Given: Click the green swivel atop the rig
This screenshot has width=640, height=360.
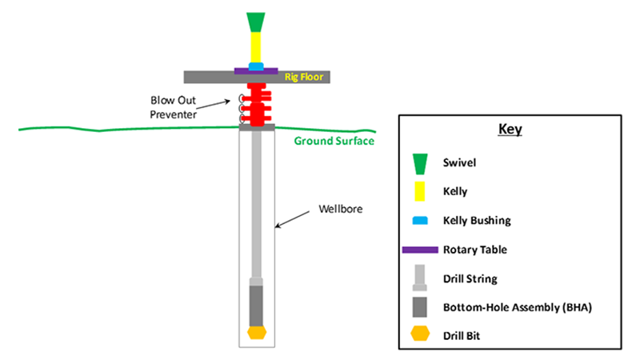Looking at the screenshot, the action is tap(256, 22).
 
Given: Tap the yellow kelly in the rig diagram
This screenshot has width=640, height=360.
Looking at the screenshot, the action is tap(256, 47).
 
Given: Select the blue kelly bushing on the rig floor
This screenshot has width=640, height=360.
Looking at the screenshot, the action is tap(256, 66).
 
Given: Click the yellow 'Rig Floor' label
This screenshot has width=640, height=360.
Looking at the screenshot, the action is tap(304, 77).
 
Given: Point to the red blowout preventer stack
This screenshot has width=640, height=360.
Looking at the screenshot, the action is tap(257, 105).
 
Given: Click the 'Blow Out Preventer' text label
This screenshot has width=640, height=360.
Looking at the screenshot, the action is tap(173, 107).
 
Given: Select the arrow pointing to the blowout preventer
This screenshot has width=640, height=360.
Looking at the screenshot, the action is tap(213, 105).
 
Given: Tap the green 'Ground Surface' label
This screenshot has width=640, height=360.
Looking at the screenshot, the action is tap(334, 141).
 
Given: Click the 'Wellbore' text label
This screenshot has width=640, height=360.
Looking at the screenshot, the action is tap(341, 209).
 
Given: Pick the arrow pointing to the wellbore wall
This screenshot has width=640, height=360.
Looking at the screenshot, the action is tap(292, 219).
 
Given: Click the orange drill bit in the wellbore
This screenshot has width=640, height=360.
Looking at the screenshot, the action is tap(257, 332).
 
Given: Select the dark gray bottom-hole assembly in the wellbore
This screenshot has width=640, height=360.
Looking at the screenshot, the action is tap(256, 306).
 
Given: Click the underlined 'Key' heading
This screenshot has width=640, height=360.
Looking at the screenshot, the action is tap(510, 130).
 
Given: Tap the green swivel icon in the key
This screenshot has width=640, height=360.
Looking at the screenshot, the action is tap(420, 164).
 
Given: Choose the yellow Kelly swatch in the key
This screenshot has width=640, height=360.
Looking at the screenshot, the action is tap(419, 191).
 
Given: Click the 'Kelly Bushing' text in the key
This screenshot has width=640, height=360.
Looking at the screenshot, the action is tap(477, 221).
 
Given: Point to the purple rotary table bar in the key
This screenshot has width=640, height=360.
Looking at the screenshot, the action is tap(420, 250).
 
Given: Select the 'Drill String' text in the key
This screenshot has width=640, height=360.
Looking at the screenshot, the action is tap(470, 278).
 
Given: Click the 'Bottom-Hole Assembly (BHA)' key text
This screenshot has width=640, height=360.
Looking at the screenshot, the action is tap(518, 307).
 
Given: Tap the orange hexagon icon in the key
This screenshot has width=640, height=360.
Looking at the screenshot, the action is tap(420, 334).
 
